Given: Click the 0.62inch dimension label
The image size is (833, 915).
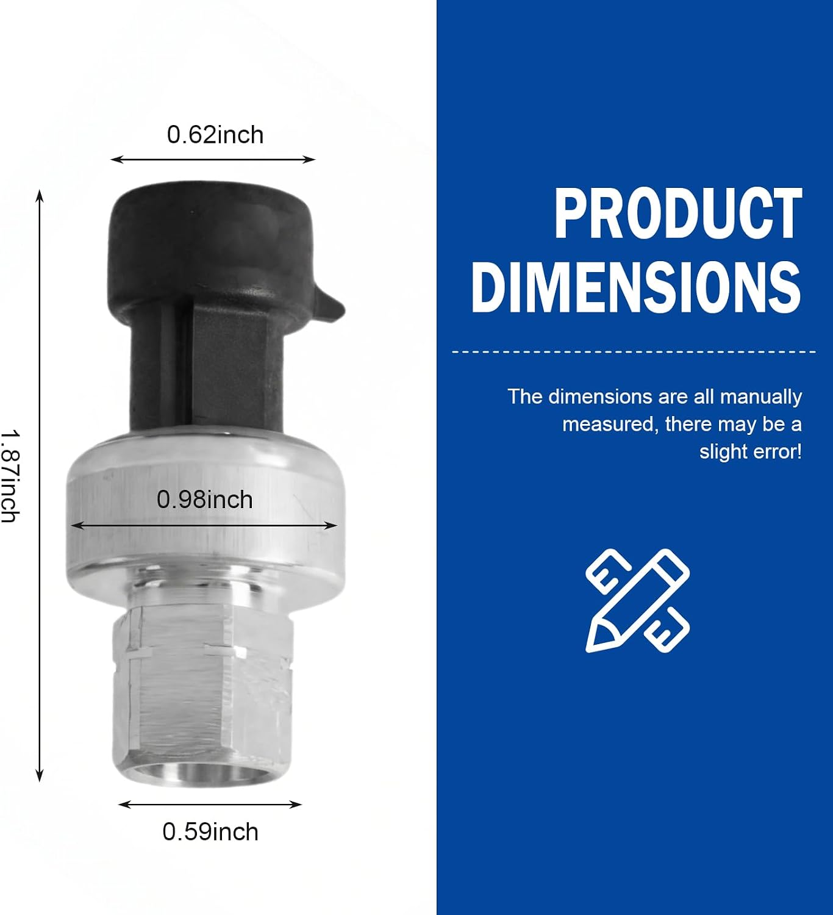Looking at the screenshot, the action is pos(215,135).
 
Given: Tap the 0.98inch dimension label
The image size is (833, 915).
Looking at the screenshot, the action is pos(205,500).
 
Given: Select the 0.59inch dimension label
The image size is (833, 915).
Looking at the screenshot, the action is pos(210,832).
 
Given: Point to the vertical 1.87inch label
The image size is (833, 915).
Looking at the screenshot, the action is pos(10,476).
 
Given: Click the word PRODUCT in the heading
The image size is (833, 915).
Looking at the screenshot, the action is pos(678,213).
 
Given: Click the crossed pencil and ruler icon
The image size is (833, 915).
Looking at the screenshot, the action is pos(638,601).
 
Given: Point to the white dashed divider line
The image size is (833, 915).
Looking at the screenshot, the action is pos(633,352).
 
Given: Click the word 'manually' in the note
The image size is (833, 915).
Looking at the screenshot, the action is pos(761,397).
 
